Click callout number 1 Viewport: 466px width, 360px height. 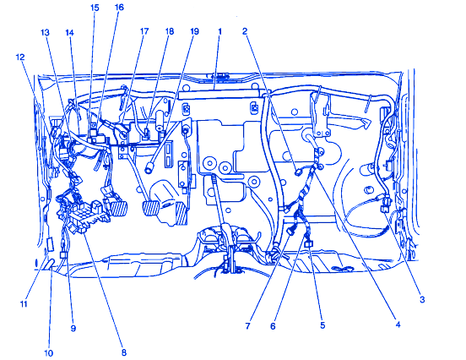tap(220, 31)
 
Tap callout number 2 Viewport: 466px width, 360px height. tap(245, 31)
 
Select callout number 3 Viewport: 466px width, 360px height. tap(422, 300)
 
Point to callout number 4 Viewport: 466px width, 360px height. tap(398, 325)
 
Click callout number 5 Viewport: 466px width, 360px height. tap(322, 325)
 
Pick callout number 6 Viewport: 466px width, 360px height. tap(273, 326)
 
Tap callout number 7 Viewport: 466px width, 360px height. tap(248, 326)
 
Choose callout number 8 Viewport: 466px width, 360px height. tap(124, 352)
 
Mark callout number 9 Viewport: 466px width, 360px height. tap(73, 328)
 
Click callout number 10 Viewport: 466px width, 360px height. tap(48, 353)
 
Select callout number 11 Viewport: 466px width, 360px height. tap(24, 303)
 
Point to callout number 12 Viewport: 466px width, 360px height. tap(20, 57)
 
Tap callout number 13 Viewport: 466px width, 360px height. tap(45, 32)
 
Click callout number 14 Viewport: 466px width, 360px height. tap(69, 32)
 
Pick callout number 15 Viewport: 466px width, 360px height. tap(95, 8)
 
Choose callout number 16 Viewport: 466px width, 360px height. tap(119, 7)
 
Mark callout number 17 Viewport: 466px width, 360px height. tap(144, 31)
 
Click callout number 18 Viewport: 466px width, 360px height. tap(170, 31)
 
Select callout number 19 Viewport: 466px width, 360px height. tap(194, 31)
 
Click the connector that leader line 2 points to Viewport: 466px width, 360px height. tap(298, 172)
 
